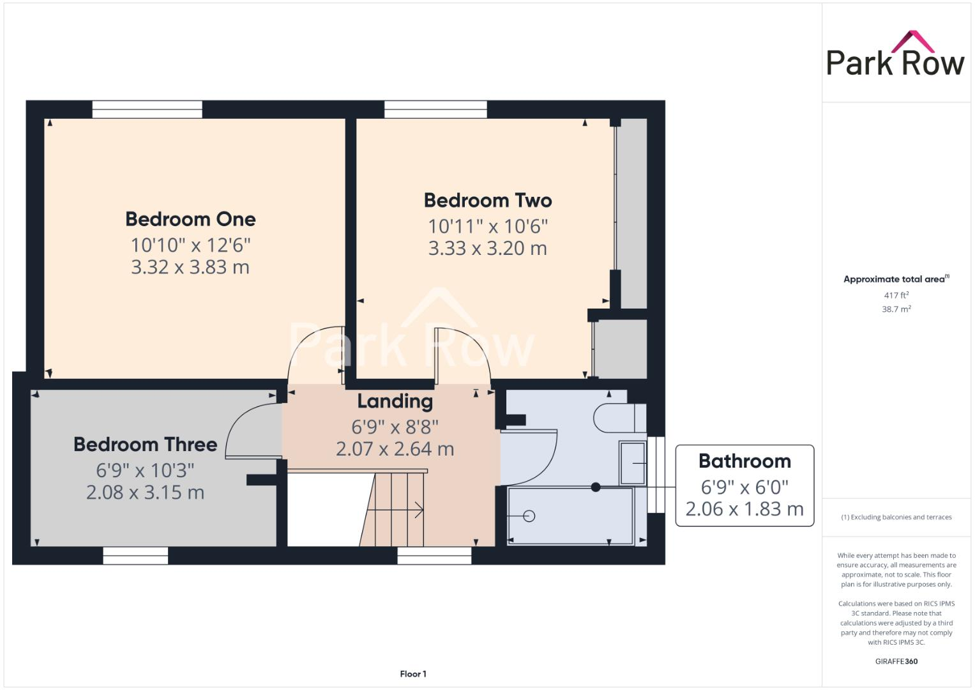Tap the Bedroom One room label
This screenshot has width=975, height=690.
[x=190, y=219]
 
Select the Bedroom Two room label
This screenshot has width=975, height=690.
[x=488, y=201]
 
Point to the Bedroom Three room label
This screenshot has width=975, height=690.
[x=145, y=445]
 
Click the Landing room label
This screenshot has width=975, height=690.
[x=395, y=401]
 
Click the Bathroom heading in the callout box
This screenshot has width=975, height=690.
[x=744, y=461]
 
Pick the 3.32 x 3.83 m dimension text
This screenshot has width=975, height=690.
[x=190, y=267]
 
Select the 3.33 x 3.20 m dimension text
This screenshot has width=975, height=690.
[x=488, y=249]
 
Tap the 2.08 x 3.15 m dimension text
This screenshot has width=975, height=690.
[x=145, y=493]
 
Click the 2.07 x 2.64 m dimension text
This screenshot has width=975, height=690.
[x=395, y=449]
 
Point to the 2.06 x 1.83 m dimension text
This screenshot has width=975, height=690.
[x=744, y=509]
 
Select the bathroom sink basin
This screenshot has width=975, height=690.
[x=633, y=463]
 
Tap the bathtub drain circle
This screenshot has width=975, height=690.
[x=529, y=516]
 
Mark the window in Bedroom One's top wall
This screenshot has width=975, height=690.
[x=147, y=109]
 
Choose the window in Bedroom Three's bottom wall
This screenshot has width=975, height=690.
[x=135, y=556]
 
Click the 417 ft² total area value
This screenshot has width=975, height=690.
[x=896, y=295]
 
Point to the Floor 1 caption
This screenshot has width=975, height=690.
[x=413, y=674]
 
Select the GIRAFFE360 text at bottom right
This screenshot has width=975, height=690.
[x=896, y=661]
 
